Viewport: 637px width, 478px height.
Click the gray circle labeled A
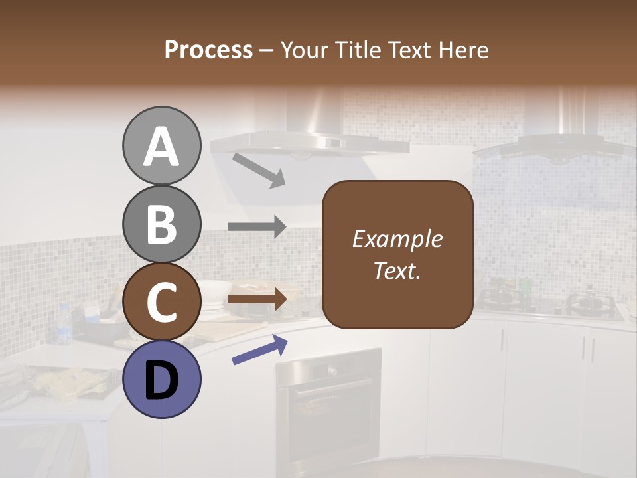tap(161, 146)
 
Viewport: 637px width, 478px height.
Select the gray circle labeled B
tap(161, 224)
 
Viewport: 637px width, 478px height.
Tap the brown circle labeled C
tap(161, 302)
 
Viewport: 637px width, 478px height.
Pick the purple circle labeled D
tap(161, 379)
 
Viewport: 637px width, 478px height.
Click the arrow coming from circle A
tap(258, 169)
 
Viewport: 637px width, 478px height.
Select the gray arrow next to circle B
tap(257, 227)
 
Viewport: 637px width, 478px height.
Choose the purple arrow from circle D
tap(259, 350)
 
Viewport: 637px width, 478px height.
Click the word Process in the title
tap(208, 50)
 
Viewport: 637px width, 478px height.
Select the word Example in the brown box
tap(397, 239)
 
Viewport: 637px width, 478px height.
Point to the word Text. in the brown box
tap(397, 270)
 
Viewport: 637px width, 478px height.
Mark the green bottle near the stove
tap(526, 287)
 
